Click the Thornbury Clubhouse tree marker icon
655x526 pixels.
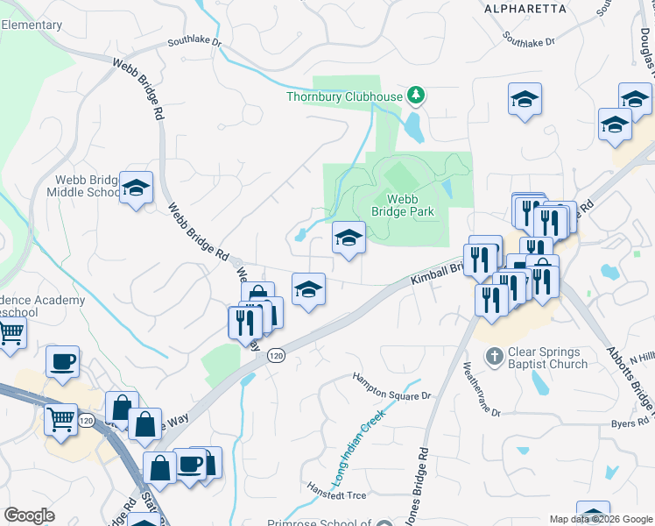(x=418, y=96)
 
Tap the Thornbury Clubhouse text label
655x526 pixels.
(x=344, y=96)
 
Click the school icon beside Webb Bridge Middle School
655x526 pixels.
(x=136, y=188)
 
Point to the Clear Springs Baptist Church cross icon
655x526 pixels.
(x=496, y=356)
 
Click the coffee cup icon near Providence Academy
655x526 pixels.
(x=62, y=362)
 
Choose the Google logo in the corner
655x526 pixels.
(x=29, y=515)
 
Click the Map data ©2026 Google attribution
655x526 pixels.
(x=600, y=519)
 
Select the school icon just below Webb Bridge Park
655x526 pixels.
(x=349, y=238)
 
